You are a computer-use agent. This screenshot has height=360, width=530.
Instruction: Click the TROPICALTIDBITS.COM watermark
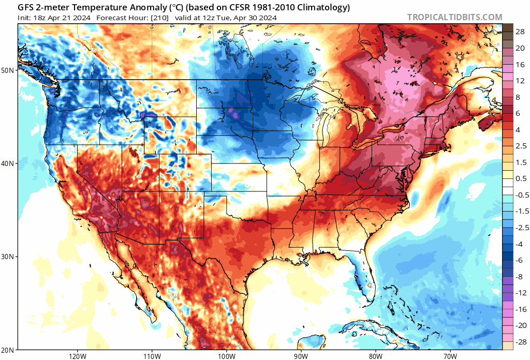454,17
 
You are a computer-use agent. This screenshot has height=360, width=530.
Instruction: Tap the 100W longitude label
226,356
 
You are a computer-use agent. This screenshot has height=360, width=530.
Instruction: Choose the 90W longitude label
301,356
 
